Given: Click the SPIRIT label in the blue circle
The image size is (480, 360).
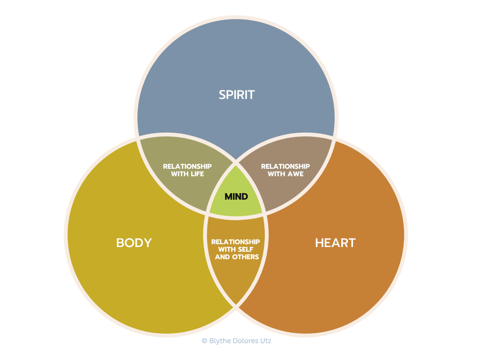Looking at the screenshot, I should click(x=237, y=95).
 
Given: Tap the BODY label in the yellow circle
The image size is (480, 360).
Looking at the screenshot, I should click(x=134, y=243).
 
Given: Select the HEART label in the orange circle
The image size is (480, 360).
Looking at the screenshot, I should click(x=335, y=243).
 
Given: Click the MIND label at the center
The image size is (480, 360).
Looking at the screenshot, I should click(x=236, y=196).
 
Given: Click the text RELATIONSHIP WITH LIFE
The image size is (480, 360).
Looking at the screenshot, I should click(x=187, y=170).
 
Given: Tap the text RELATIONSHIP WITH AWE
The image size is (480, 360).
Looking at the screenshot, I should click(x=285, y=170).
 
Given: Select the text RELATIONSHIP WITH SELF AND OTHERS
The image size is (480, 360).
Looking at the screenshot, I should click(x=236, y=249).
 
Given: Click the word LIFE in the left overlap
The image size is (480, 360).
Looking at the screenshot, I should click(x=198, y=174).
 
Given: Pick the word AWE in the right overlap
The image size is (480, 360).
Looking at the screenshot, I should click(x=296, y=174).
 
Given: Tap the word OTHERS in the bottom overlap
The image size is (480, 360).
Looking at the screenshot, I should click(x=245, y=257).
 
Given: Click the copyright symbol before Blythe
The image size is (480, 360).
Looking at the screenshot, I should click(x=204, y=341).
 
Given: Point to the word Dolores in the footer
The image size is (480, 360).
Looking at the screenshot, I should click(x=245, y=341).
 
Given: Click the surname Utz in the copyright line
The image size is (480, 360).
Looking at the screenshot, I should click(x=265, y=341).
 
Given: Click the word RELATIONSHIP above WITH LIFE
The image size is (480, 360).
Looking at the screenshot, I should click(x=187, y=166).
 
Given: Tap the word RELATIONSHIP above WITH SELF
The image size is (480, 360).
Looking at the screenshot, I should click(x=236, y=242).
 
